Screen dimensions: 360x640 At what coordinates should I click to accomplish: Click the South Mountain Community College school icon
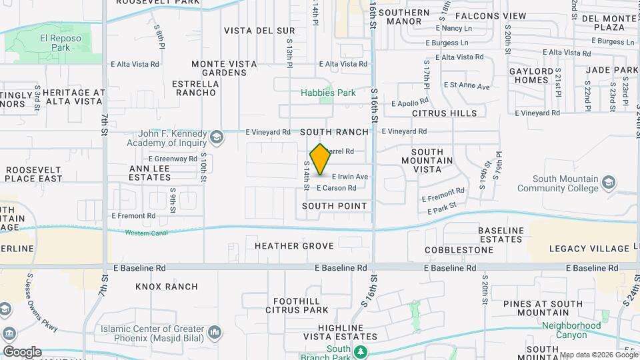(608, 181)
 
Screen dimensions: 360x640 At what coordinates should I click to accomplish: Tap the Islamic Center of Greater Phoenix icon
(215, 331)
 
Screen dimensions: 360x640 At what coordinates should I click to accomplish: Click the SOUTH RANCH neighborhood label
(334, 132)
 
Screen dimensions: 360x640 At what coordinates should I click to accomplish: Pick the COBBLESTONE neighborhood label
(459, 250)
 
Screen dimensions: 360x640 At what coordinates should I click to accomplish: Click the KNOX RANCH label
(167, 287)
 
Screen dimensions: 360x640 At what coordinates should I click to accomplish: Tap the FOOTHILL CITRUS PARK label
(297, 305)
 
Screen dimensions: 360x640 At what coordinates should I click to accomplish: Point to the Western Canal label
(145, 233)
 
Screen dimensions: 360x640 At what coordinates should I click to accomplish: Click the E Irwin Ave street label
(345, 177)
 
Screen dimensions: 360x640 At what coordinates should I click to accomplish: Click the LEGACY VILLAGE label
(585, 249)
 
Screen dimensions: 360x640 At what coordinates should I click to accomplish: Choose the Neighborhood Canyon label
(571, 330)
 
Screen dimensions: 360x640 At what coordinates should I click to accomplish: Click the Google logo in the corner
(21, 351)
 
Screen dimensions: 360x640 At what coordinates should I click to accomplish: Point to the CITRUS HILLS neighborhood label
(445, 113)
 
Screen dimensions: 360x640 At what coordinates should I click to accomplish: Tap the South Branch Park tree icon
(360, 351)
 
